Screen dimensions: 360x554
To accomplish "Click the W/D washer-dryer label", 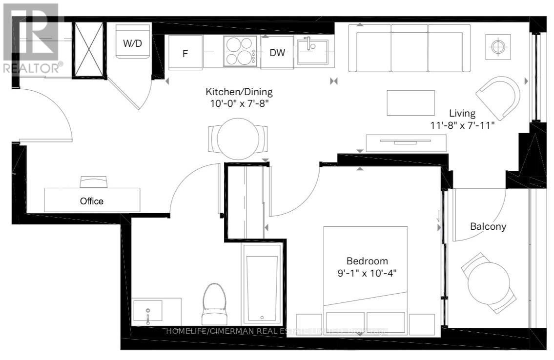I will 132,43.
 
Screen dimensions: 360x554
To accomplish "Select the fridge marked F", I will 185,53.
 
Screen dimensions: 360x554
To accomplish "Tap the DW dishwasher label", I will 277,52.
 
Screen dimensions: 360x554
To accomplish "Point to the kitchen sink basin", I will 313,51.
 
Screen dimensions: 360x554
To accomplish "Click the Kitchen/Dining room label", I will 239,91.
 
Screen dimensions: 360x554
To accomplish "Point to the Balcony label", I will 488,226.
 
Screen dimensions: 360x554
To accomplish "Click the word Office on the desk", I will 92,201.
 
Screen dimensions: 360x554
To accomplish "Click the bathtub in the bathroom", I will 262,284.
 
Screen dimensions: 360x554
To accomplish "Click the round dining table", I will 238,139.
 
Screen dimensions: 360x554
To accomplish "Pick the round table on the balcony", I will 489,283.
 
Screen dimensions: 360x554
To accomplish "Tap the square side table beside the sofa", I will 497,47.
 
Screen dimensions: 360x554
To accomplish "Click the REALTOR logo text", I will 32,68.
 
